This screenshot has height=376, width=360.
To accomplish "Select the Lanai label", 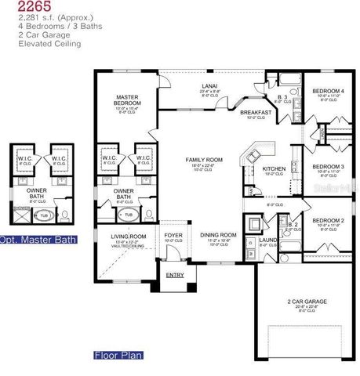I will tap(209, 86).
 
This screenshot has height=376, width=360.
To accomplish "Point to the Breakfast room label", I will tap(256, 112).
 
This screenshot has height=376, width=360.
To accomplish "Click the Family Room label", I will tap(204, 160).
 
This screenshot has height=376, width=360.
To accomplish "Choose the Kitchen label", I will tap(274, 168).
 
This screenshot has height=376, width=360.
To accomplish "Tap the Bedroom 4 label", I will tap(328, 92).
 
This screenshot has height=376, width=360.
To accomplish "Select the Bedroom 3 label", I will tap(328, 167).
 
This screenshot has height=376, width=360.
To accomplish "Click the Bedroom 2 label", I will tap(328, 221).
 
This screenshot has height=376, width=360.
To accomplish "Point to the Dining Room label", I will tap(219, 235).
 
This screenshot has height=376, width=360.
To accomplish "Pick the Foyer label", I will tap(173, 235).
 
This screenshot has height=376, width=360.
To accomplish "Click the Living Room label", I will tap(128, 236).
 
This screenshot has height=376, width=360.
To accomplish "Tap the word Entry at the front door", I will tap(174, 274).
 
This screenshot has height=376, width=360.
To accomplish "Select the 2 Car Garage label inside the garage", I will tap(307, 302).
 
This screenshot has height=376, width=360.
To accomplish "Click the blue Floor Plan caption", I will tap(118, 355).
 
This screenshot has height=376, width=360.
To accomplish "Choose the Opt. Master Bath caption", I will tap(38, 239).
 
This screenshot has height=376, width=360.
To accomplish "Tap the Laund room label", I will tap(265, 240).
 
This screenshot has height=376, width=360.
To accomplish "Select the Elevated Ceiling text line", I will tap(46, 45).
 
